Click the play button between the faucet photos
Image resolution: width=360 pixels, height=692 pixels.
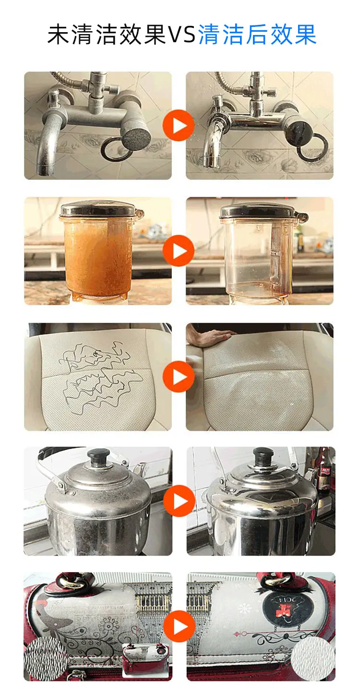coord(179,125)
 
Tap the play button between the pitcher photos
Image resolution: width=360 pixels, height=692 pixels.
coord(179,251)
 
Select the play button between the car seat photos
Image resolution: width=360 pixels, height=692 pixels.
coord(179,377)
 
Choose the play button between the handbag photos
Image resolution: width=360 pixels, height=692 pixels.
coord(179,626)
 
